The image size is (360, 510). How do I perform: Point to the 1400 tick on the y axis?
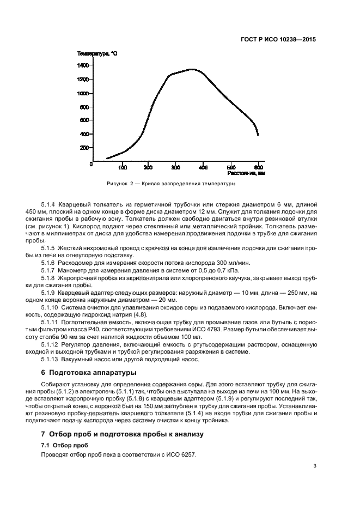[x=83, y=65]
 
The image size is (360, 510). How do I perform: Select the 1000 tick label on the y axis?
[x=83, y=93]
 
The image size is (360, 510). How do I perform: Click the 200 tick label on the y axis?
[x=84, y=148]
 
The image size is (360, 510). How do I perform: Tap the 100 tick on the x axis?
[x=123, y=167]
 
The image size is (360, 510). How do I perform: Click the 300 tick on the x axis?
[x=176, y=167]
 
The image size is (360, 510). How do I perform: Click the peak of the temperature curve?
[x=192, y=69]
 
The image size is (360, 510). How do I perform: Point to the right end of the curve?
[x=258, y=135]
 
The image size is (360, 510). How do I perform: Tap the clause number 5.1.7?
[x=48, y=270]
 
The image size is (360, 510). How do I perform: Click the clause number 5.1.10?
[x=50, y=308]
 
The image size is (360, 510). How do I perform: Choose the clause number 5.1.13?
[x=50, y=359]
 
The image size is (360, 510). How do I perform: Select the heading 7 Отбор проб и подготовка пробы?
[x=122, y=434]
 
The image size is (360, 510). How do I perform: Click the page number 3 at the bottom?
[x=315, y=466]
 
